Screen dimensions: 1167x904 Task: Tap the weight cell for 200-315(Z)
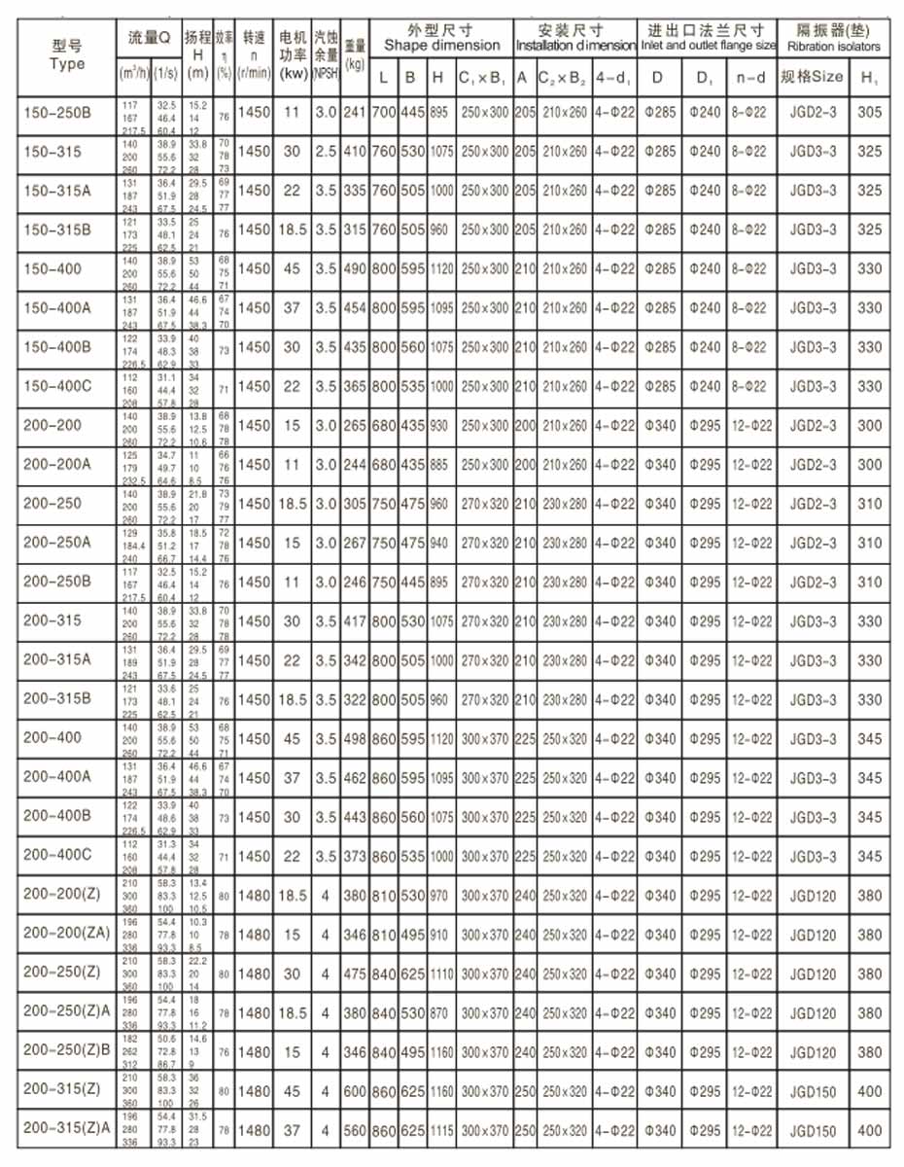pyautogui.click(x=355, y=1091)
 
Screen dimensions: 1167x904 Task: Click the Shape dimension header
pyautogui.click(x=441, y=38)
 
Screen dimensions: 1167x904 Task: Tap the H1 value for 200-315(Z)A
pyautogui.click(x=870, y=1131)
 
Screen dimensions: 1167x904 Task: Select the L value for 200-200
pyautogui.click(x=384, y=426)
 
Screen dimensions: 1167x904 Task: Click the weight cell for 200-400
pyautogui.click(x=355, y=738)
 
